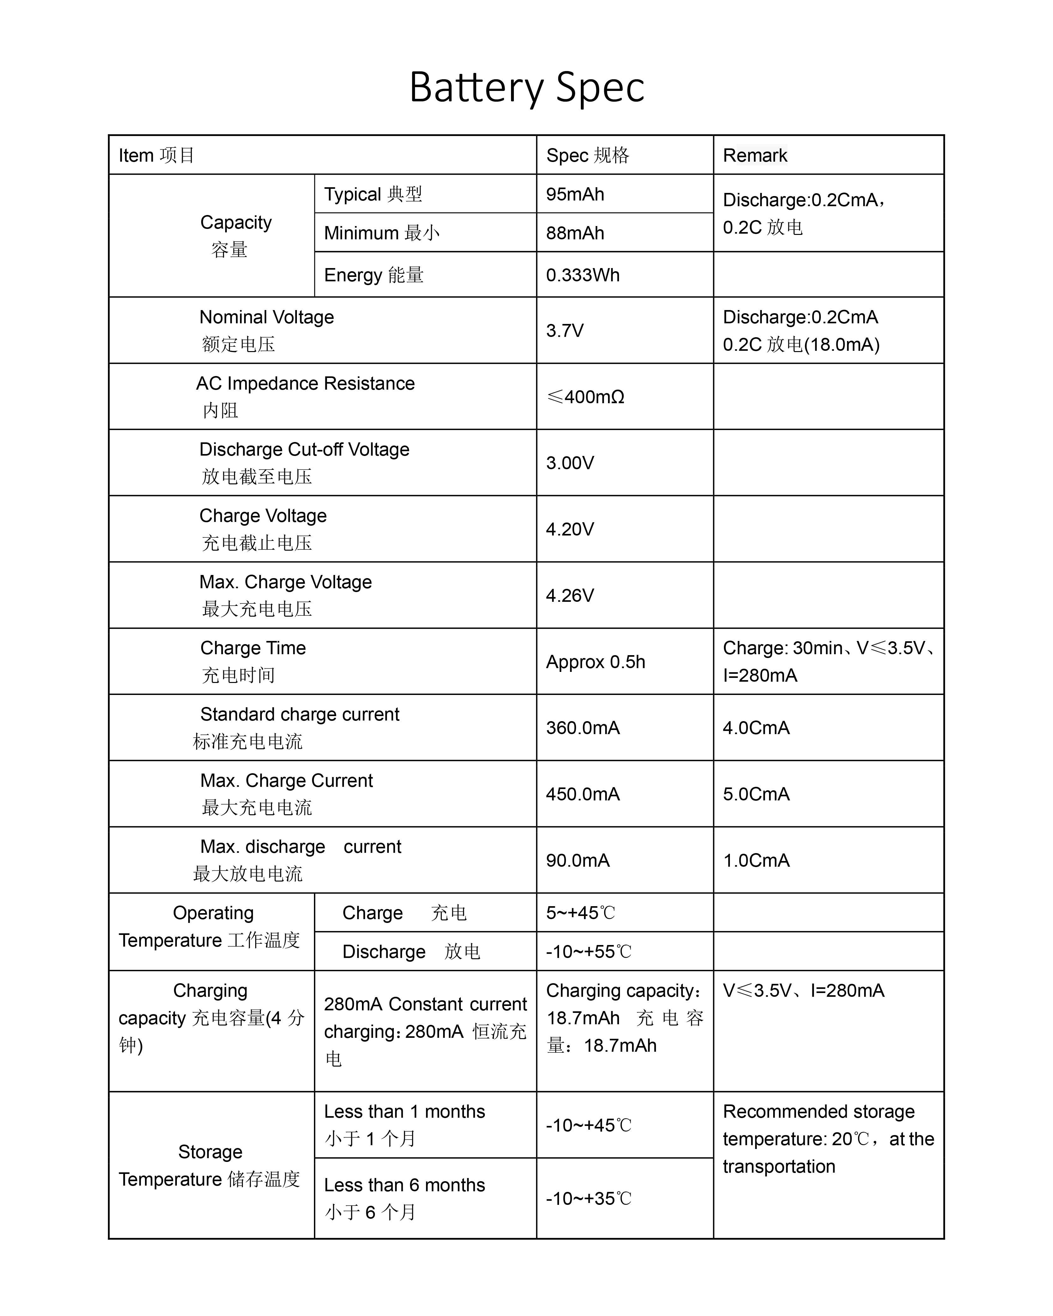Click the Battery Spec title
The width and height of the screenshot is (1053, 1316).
point(526,87)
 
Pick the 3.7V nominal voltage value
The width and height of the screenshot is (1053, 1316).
point(565,331)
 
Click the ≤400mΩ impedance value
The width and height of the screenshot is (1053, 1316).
point(585,397)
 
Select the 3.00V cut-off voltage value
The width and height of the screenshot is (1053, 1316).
point(569,463)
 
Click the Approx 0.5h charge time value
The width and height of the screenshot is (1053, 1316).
point(595,662)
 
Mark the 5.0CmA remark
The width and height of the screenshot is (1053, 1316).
point(756,794)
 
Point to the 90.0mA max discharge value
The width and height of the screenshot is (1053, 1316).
point(577,861)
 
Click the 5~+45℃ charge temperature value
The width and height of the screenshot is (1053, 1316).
point(580,913)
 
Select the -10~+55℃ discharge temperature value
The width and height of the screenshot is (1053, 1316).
point(588,952)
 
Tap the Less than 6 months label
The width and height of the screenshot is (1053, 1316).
point(404,1185)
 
